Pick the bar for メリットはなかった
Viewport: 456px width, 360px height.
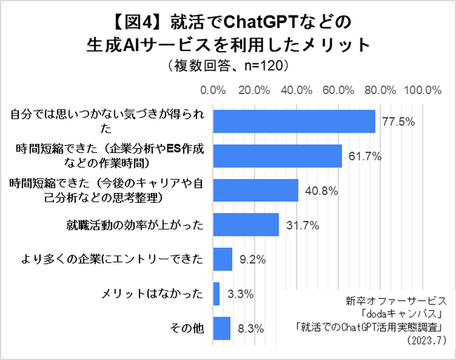tap(216, 293)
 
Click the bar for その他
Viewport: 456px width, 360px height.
tap(222, 328)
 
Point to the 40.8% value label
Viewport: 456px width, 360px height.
tap(319, 190)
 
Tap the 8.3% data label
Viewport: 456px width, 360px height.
tap(250, 328)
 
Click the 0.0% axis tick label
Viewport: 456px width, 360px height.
tap(213, 91)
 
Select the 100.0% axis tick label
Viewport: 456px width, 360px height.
tap(422, 91)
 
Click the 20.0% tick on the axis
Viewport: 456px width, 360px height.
tap(255, 91)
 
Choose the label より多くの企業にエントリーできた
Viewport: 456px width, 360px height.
tap(112, 259)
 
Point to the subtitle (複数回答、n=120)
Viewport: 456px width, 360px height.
tap(228, 66)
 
